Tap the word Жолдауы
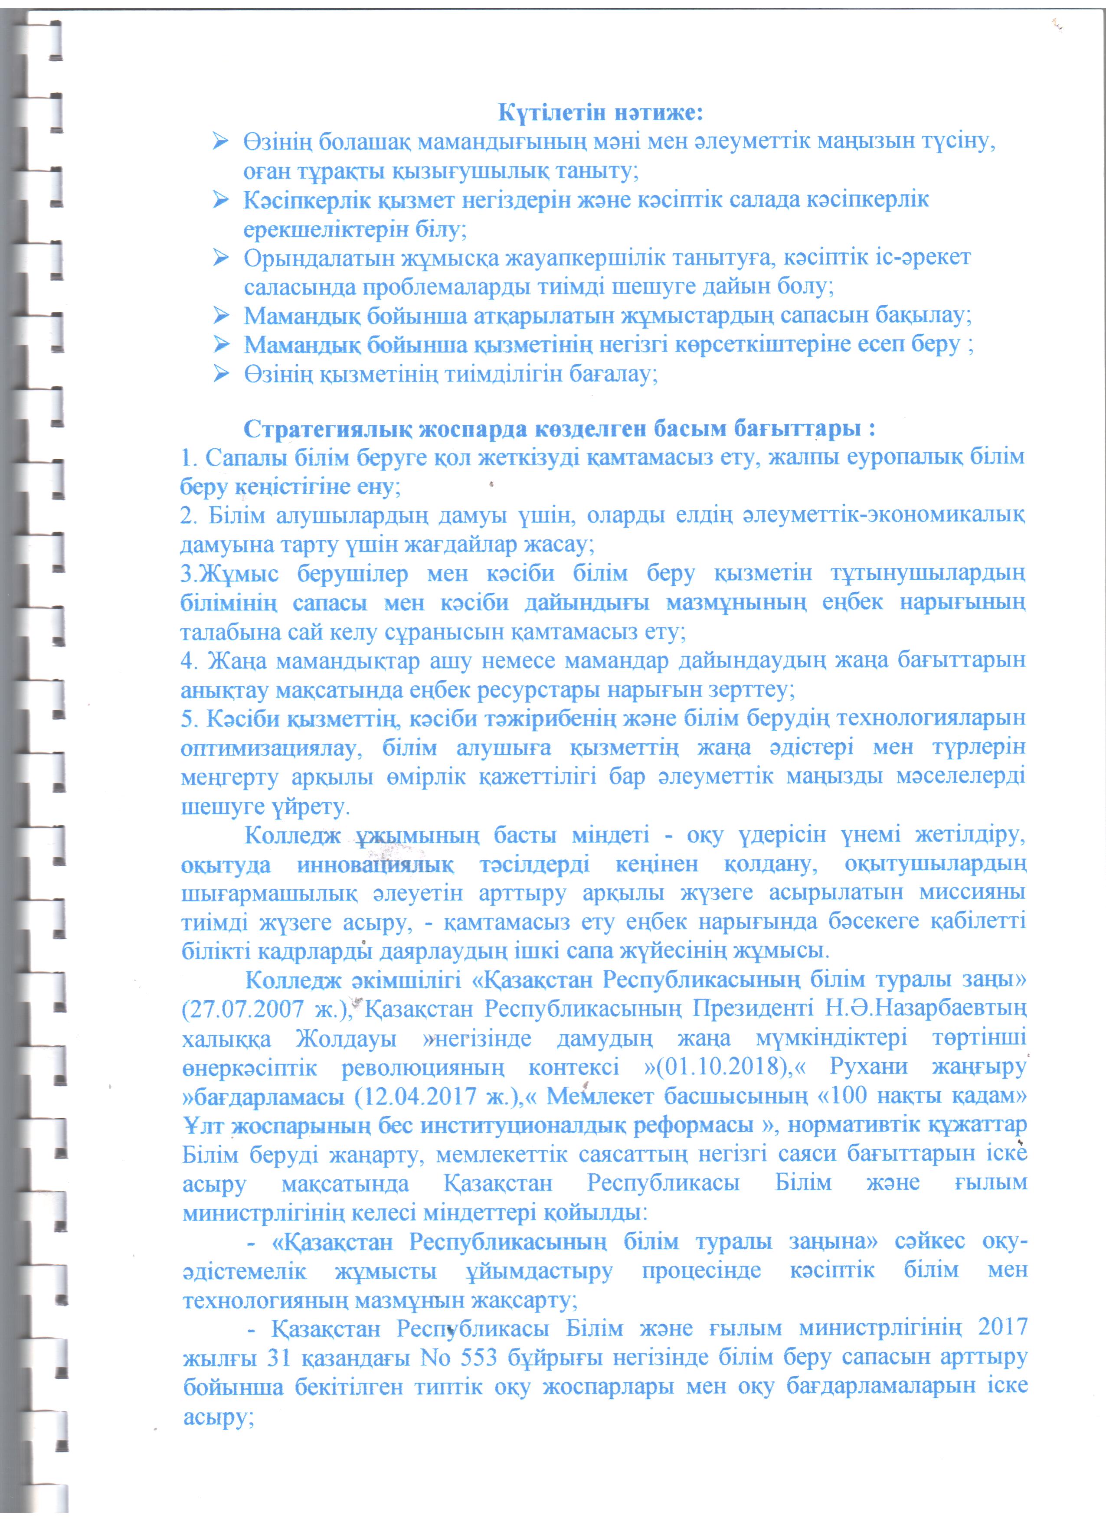click(x=345, y=1038)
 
